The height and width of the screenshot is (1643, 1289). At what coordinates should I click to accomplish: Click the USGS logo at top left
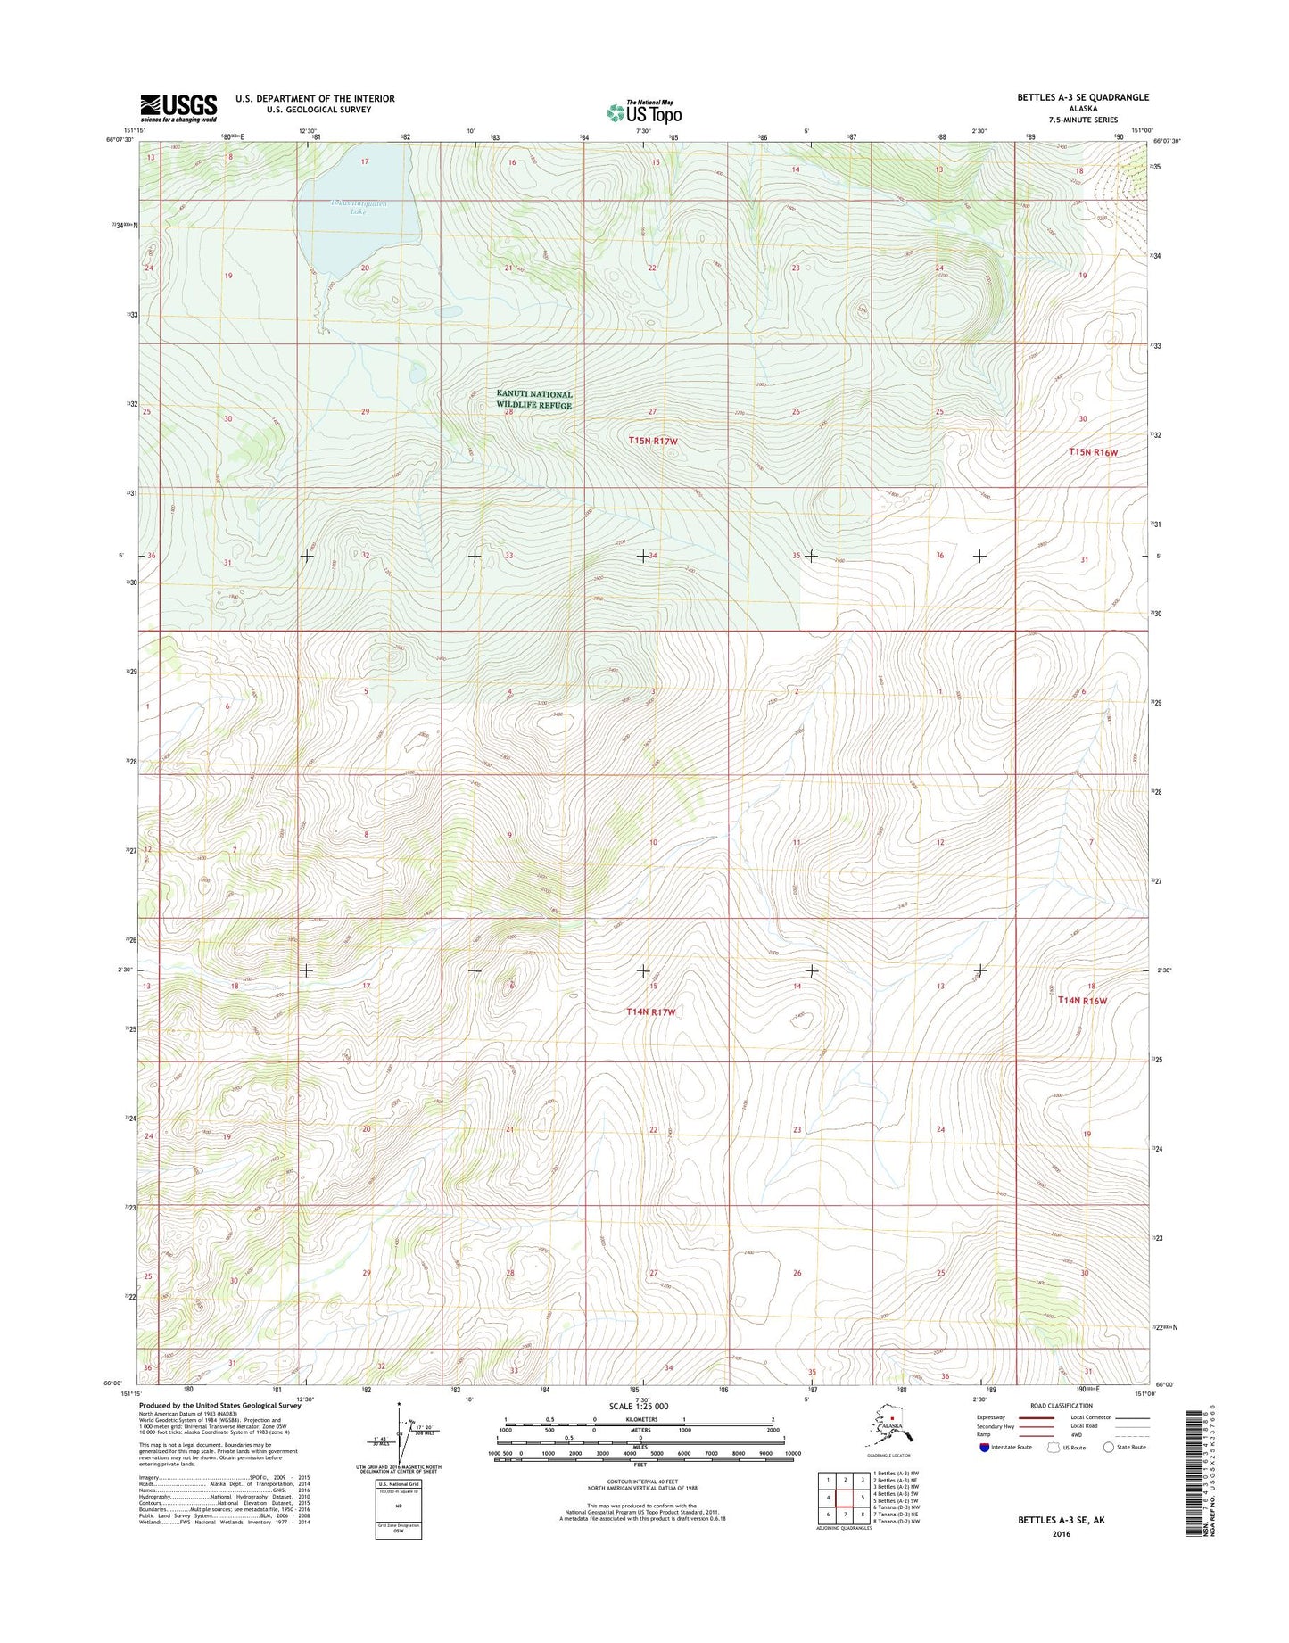pyautogui.click(x=178, y=108)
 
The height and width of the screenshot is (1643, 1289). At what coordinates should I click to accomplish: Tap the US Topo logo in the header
pyautogui.click(x=644, y=112)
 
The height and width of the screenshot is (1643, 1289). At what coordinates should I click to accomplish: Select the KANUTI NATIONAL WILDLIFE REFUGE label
pyautogui.click(x=534, y=400)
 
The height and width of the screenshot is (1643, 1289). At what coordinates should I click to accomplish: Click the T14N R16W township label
pyautogui.click(x=1081, y=1001)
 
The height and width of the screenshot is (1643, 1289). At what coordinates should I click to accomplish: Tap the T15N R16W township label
pyautogui.click(x=1093, y=452)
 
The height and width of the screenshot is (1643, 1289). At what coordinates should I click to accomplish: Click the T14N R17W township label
pyautogui.click(x=651, y=1011)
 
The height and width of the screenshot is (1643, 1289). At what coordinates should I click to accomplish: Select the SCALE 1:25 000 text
pyautogui.click(x=639, y=1407)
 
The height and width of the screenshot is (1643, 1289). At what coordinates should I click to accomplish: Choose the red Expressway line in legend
pyautogui.click(x=1034, y=1417)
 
